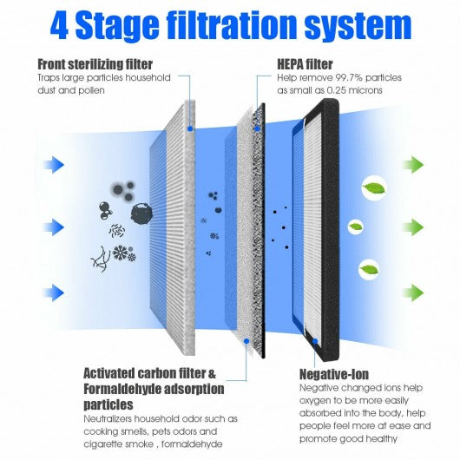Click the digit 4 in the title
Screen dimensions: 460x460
59,26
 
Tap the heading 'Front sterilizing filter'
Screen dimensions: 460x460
95,64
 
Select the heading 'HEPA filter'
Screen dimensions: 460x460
305,64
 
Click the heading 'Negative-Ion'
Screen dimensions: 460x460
334,374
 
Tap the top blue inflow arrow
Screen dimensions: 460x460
54,165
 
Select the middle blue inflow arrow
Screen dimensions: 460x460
54,227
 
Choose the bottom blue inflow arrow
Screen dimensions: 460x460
54,292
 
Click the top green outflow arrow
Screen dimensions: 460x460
413,165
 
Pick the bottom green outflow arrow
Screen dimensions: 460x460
413,292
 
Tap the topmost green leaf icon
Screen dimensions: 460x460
374,188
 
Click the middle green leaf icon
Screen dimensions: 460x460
356,227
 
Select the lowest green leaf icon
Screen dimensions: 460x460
369,270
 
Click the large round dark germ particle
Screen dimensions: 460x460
141,214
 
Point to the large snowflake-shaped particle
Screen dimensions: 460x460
121,253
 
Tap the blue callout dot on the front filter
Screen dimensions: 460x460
190,128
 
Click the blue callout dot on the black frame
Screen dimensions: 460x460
315,341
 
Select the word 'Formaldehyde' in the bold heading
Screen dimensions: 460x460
122,390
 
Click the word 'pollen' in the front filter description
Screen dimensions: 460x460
92,90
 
